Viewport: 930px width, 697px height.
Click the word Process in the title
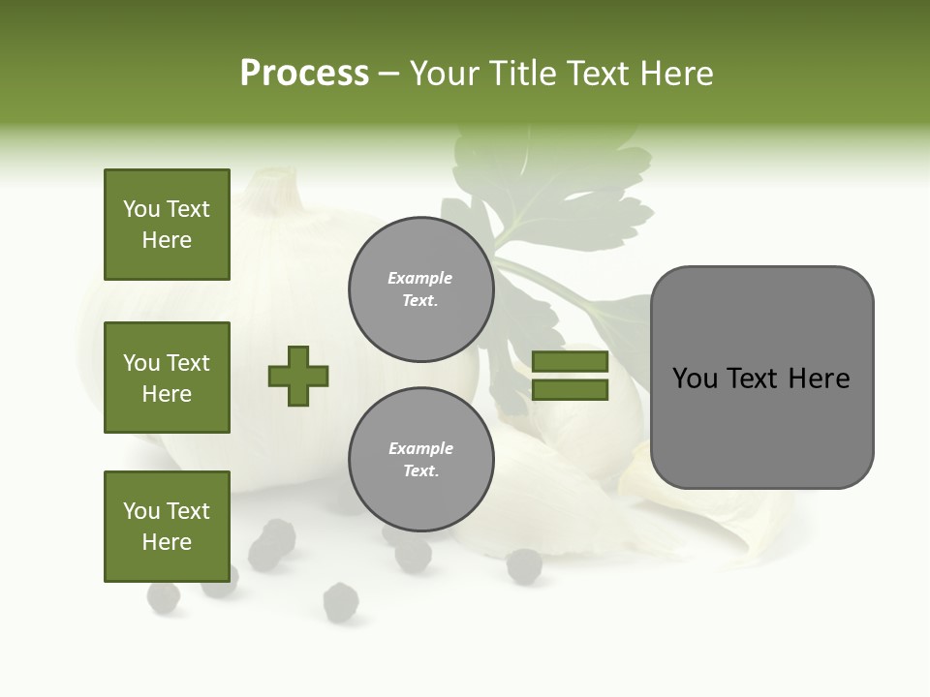(x=304, y=74)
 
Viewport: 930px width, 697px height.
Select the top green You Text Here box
(x=167, y=225)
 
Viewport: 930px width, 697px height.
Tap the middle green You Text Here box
(x=167, y=378)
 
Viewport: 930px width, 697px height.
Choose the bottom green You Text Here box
(x=167, y=527)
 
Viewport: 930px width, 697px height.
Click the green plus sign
(x=298, y=376)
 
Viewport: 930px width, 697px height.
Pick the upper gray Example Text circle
(x=420, y=289)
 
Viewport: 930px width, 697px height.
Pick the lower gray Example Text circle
(x=420, y=460)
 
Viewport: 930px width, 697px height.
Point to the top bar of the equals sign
(x=570, y=362)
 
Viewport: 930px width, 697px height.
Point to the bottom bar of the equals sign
(x=570, y=390)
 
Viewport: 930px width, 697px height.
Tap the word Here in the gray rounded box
(x=820, y=379)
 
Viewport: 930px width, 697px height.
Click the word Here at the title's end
(x=677, y=74)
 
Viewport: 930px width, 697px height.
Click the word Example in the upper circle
(x=420, y=278)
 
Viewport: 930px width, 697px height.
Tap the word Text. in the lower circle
(x=420, y=471)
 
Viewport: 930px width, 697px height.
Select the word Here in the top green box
(x=167, y=240)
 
